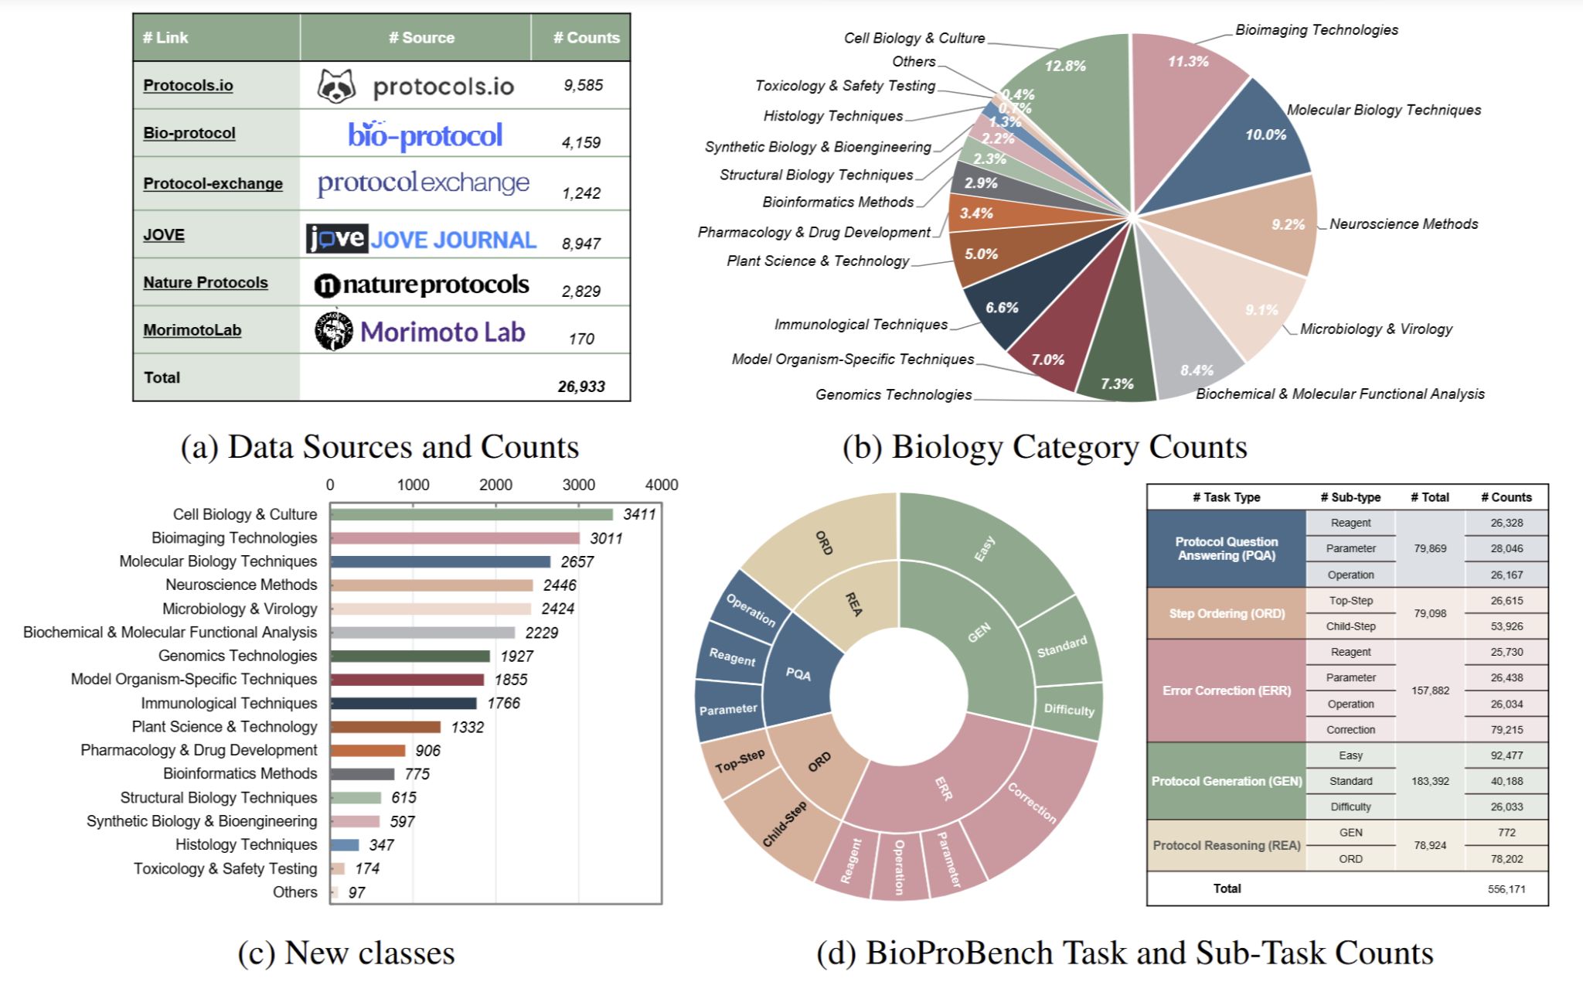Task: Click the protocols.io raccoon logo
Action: pyautogui.click(x=336, y=86)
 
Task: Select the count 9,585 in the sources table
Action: pyautogui.click(x=583, y=85)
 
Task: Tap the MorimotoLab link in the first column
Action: pyautogui.click(x=192, y=330)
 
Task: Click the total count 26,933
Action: pyautogui.click(x=581, y=387)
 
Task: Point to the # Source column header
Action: pyautogui.click(x=421, y=37)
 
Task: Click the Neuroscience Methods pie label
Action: pyautogui.click(x=1403, y=224)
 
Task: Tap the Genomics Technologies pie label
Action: pyautogui.click(x=894, y=394)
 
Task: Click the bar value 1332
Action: pyautogui.click(x=467, y=727)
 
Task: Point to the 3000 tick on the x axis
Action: pyautogui.click(x=578, y=485)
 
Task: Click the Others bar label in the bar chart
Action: pyautogui.click(x=294, y=892)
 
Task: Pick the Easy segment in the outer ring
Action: pyautogui.click(x=986, y=549)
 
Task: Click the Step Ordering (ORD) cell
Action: pyautogui.click(x=1227, y=613)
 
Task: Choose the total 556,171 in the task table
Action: pyautogui.click(x=1506, y=889)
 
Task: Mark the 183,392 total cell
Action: pyautogui.click(x=1430, y=781)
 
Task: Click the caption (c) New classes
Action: pyautogui.click(x=346, y=953)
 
